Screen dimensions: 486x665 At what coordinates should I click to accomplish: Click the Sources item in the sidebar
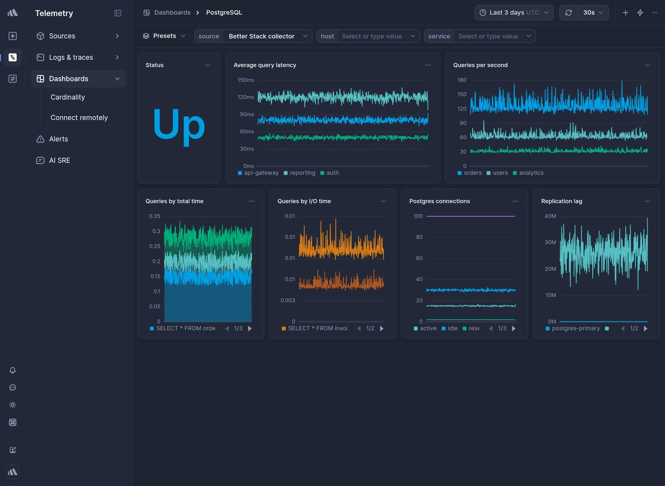pos(62,36)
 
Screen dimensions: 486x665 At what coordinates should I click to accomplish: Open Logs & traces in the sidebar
pos(71,57)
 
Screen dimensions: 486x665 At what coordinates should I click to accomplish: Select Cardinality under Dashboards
pos(67,97)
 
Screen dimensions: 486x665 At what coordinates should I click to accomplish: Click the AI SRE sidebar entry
pos(59,161)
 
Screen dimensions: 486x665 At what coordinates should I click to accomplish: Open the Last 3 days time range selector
pos(513,12)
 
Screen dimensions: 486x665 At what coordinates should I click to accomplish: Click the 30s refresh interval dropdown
pos(593,12)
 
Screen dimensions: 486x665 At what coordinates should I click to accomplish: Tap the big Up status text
pos(178,125)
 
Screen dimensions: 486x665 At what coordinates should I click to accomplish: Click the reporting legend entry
pos(302,173)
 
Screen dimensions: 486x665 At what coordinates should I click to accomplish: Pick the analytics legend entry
pos(531,173)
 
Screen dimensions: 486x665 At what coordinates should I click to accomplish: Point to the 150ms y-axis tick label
pos(246,80)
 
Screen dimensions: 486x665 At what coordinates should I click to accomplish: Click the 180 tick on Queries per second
pos(462,80)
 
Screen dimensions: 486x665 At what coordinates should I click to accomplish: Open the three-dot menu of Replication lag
pos(647,201)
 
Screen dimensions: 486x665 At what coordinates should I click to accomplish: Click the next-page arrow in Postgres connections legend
pos(513,329)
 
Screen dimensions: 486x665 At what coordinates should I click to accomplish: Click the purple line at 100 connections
pos(470,216)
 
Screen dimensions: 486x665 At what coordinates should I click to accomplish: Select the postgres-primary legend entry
pos(575,329)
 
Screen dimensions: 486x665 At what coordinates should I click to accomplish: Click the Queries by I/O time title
pos(304,201)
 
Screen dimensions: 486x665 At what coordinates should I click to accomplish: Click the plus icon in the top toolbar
pos(625,12)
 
